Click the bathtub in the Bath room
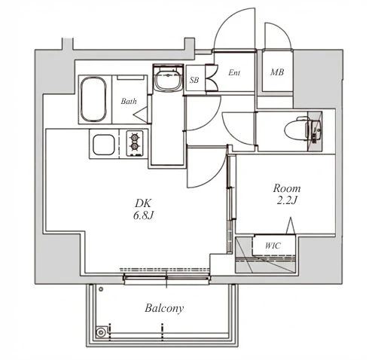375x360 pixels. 93,99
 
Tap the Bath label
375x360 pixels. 129,102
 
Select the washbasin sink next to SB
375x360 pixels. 168,78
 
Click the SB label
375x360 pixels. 194,80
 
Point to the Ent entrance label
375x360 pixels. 234,72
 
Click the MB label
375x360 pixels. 277,72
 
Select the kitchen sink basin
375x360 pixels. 104,145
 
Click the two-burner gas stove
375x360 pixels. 135,143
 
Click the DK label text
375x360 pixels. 143,203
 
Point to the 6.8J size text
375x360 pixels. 143,215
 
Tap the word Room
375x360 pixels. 287,188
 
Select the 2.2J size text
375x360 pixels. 287,200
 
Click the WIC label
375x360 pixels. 273,246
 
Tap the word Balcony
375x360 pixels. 164,308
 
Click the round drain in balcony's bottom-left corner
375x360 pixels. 101,333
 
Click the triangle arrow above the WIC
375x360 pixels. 291,225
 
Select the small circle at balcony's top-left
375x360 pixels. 101,289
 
